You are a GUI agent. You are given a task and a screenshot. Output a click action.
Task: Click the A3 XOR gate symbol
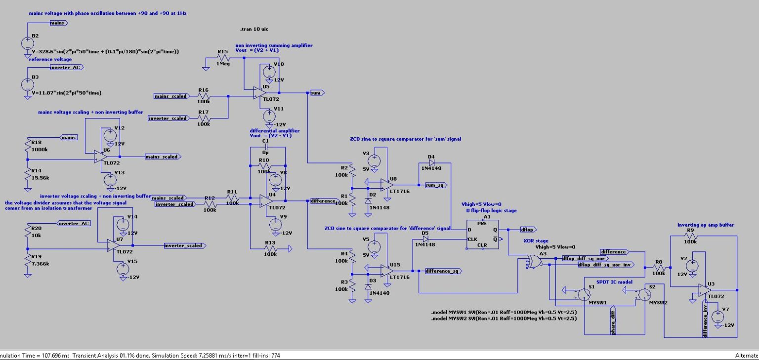tap(534, 261)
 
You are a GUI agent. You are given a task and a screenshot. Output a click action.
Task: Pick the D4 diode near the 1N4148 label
tap(431, 161)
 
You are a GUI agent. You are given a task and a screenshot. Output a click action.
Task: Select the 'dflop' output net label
tap(528, 230)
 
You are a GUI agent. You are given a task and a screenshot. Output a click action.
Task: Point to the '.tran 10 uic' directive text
tap(253, 29)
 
